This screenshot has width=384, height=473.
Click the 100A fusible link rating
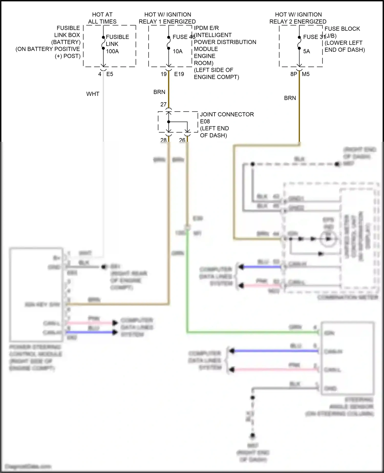click(112, 51)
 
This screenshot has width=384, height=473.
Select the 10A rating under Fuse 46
click(177, 51)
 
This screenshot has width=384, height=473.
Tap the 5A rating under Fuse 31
click(306, 51)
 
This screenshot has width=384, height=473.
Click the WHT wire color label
click(93, 94)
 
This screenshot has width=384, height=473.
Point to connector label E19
click(179, 74)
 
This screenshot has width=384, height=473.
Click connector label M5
click(306, 74)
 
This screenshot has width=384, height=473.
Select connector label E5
click(110, 74)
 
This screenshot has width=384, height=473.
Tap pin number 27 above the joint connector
click(163, 104)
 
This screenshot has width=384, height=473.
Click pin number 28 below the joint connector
click(163, 140)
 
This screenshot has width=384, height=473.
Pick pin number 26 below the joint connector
click(182, 140)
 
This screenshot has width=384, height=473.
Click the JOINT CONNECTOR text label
click(227, 114)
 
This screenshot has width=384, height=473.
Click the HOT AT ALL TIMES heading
click(102, 18)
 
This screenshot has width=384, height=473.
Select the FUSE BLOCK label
click(342, 29)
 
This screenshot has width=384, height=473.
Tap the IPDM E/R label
click(206, 28)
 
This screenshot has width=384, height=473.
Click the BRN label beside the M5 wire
click(290, 98)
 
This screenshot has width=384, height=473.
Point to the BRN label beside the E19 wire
click(159, 92)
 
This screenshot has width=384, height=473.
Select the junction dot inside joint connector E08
click(168, 122)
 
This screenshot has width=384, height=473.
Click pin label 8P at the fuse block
click(294, 74)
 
